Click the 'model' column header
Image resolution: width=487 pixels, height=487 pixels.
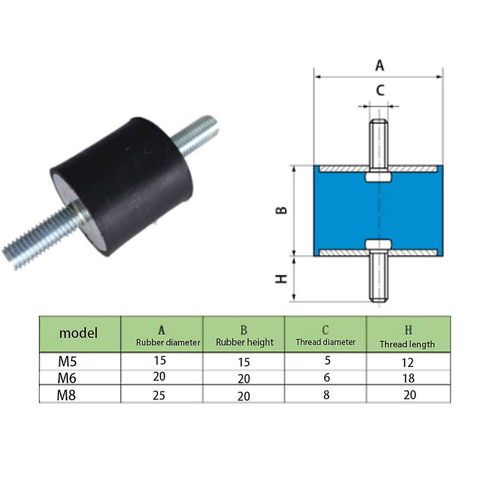coord(78,333)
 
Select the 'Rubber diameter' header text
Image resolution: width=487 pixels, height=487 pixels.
coord(168,342)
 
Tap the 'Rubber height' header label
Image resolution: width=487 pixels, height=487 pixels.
coord(244,342)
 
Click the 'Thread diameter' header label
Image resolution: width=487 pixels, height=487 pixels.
coord(325,342)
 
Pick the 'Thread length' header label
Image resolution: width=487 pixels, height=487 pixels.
coord(407,344)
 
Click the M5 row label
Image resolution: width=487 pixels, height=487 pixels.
coord(68,362)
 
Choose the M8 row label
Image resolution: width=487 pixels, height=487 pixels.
coord(68,395)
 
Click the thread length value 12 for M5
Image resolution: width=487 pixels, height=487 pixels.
coord(407,363)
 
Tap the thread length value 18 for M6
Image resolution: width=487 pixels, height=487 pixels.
coord(408,379)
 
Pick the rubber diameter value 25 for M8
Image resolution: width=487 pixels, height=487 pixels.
coord(159,395)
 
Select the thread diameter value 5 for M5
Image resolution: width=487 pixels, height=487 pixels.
coord(327,360)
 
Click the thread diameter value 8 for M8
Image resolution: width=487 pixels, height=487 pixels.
coord(326,395)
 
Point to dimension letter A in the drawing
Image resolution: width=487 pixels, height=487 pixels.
coord(379,65)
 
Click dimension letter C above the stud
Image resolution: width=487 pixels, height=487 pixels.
coord(380,90)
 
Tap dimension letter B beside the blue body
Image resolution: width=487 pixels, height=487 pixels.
coord(282,210)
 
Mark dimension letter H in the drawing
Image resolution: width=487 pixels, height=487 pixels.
coord(282,279)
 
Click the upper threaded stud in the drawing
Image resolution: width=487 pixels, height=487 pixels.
coord(379,143)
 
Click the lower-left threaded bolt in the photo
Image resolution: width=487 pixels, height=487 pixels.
coord(38,238)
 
